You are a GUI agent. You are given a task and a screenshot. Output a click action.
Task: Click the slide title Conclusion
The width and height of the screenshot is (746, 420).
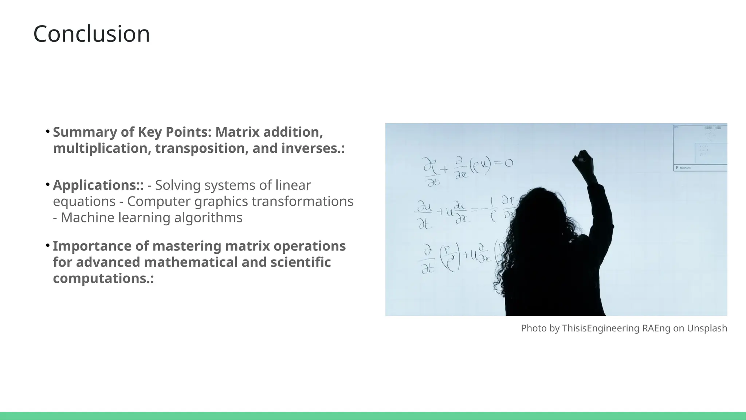click(x=91, y=34)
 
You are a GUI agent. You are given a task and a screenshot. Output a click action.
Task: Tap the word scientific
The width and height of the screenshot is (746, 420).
click(x=301, y=262)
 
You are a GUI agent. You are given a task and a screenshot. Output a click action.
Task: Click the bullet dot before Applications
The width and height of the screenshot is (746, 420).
click(x=48, y=185)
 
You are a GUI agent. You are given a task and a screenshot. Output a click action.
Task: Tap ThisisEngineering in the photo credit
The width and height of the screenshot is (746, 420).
click(x=600, y=328)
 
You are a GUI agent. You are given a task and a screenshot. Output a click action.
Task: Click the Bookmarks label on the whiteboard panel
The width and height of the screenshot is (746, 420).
click(x=685, y=168)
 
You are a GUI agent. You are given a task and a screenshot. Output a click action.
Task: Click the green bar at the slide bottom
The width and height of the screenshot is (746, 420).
click(x=373, y=416)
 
